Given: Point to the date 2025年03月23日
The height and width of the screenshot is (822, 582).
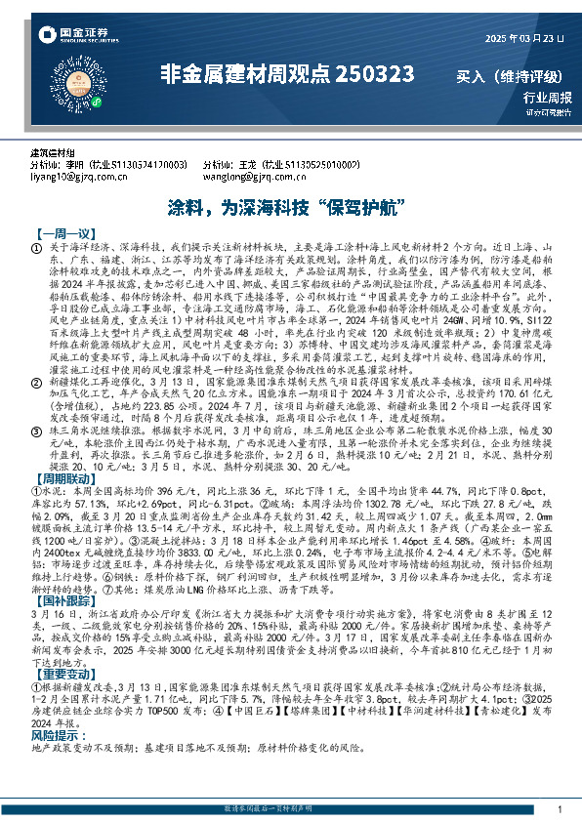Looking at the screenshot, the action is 525,38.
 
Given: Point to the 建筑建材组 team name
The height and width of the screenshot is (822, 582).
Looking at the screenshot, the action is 52,154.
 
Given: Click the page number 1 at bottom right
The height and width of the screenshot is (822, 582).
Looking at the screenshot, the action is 558,810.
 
